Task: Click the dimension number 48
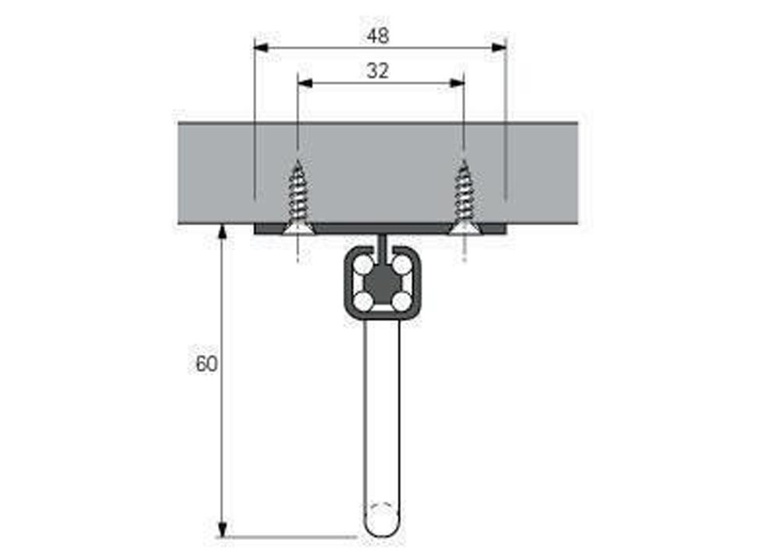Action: point(377,36)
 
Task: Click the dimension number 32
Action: point(377,71)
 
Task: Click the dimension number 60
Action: point(206,364)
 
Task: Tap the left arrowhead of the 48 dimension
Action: point(262,48)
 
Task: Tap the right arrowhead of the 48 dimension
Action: point(498,48)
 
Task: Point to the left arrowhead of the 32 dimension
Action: point(305,84)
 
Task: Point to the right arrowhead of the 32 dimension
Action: point(457,84)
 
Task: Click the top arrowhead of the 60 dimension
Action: point(223,233)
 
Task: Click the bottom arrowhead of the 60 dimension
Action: point(223,529)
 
